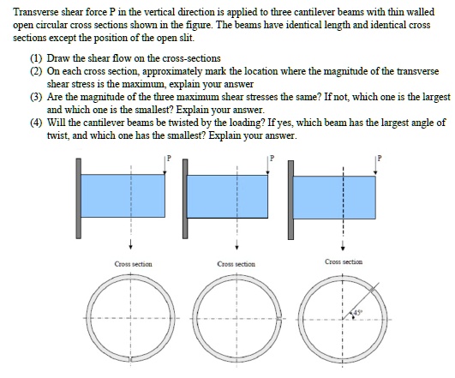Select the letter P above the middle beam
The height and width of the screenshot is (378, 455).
coord(273,159)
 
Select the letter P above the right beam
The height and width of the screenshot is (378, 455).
coord(378,159)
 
